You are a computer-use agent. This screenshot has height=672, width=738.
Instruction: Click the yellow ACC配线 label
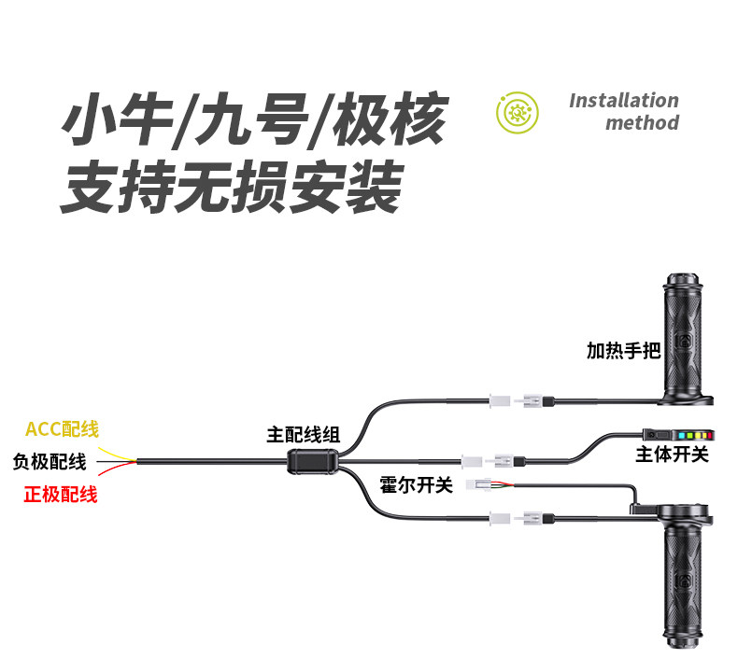(62, 429)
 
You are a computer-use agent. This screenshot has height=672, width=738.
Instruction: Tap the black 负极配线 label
(50, 461)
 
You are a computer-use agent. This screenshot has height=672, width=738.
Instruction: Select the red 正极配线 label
(61, 495)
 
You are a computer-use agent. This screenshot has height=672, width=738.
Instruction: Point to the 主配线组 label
(304, 434)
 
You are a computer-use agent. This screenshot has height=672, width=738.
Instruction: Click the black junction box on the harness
(311, 462)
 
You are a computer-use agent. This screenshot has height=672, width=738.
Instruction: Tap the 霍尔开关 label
(416, 485)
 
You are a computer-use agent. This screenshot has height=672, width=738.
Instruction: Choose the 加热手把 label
(623, 351)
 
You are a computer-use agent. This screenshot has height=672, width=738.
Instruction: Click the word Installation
(623, 101)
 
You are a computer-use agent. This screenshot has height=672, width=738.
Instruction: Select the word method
(642, 122)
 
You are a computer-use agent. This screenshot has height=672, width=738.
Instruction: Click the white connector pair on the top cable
(517, 400)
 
